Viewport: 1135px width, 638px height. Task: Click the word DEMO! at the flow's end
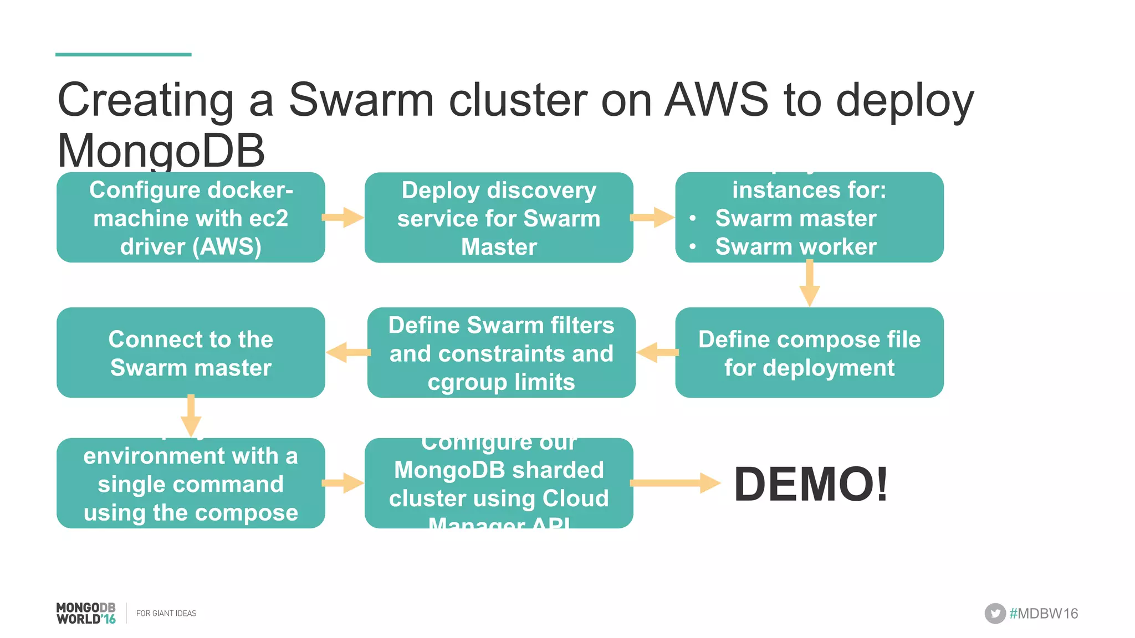pyautogui.click(x=811, y=484)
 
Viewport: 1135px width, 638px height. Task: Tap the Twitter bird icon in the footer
pyautogui.click(x=995, y=613)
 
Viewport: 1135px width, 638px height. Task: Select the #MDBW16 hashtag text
pyautogui.click(x=1044, y=614)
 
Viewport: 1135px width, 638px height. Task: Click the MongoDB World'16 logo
pyautogui.click(x=86, y=613)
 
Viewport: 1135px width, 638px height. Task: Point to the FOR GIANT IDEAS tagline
pyautogui.click(x=166, y=613)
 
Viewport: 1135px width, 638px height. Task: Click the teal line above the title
pyautogui.click(x=123, y=54)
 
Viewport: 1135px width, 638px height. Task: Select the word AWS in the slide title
pyautogui.click(x=717, y=100)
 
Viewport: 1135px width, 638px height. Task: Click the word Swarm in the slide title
pyautogui.click(x=361, y=100)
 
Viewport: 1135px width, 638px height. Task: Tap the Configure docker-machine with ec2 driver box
pyautogui.click(x=191, y=218)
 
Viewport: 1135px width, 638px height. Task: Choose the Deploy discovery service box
pyautogui.click(x=499, y=218)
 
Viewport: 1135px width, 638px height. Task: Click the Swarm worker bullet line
pyautogui.click(x=795, y=246)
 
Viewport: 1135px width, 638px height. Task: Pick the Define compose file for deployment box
pyautogui.click(x=809, y=353)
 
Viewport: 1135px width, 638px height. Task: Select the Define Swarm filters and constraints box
pyautogui.click(x=501, y=353)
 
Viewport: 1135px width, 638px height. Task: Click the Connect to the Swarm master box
pyautogui.click(x=191, y=353)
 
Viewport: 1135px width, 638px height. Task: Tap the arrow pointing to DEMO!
pyautogui.click(x=675, y=483)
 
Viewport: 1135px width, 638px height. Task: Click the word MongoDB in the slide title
pyautogui.click(x=161, y=151)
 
